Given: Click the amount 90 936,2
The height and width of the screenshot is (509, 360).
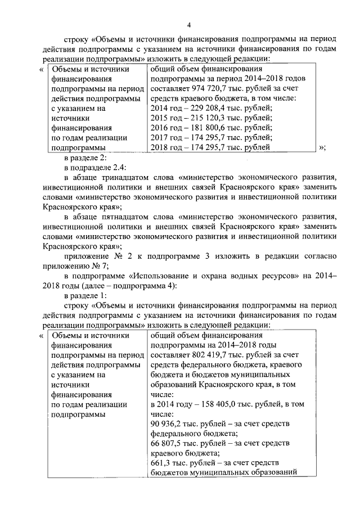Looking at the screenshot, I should [x=167, y=424].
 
